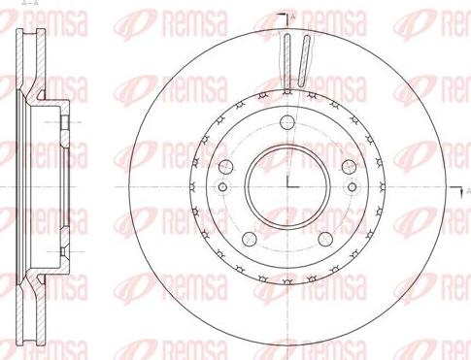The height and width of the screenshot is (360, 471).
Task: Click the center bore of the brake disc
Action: [287, 187]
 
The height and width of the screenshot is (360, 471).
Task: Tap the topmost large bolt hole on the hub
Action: [287, 122]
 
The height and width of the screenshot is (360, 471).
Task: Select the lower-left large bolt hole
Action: [250, 239]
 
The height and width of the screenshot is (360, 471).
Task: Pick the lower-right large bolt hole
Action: [325, 239]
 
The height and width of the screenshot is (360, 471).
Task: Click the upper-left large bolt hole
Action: [226, 167]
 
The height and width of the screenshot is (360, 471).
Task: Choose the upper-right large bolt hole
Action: [350, 167]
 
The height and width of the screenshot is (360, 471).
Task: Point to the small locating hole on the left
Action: [222, 187]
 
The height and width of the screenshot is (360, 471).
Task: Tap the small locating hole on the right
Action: [353, 187]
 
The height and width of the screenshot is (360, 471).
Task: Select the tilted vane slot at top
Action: [304, 61]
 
